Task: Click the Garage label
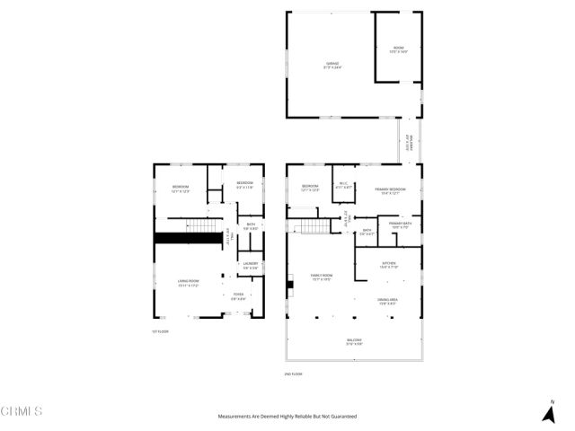(332, 65)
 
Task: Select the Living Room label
(188, 282)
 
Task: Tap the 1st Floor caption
(161, 331)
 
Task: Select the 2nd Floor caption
(293, 374)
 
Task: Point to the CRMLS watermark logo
(22, 411)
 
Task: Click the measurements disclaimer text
(287, 417)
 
